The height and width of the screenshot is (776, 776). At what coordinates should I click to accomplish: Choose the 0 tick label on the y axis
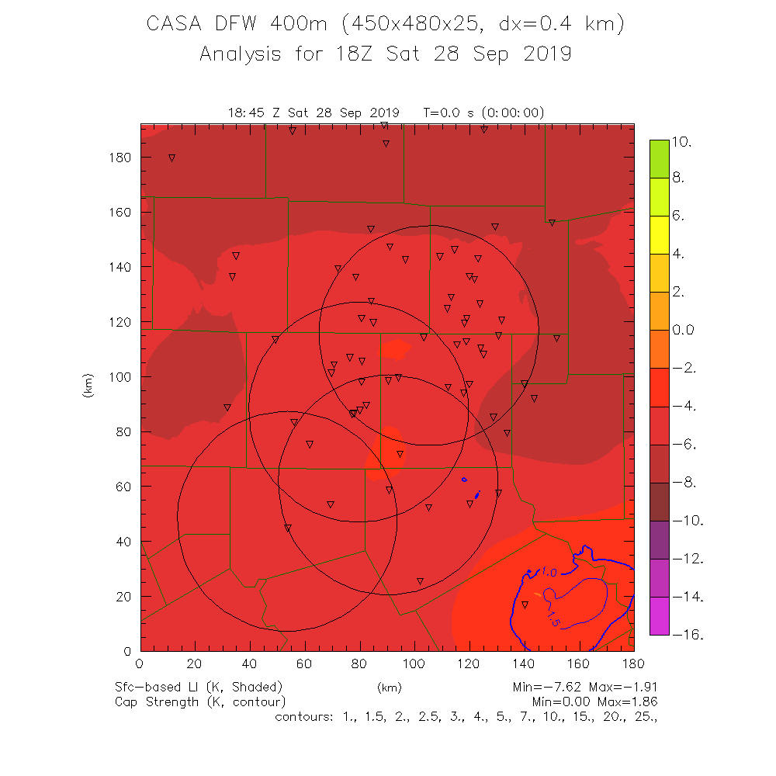129,651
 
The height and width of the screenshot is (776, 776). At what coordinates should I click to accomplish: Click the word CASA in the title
176,25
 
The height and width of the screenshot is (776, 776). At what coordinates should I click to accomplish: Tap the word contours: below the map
303,716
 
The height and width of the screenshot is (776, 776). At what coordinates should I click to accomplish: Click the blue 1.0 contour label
549,573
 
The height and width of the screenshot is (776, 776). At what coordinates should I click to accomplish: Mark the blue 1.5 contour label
553,620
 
